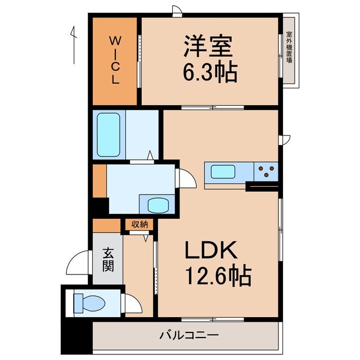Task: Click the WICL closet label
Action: pos(115,60)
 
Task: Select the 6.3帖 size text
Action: pos(209,72)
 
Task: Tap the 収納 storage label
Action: pos(139,224)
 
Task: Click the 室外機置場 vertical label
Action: pos(289,48)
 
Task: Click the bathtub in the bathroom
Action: pos(108,135)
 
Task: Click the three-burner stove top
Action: pos(267,170)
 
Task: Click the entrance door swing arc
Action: pos(77,263)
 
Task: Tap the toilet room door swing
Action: pos(133,304)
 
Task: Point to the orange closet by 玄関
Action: pos(107,225)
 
